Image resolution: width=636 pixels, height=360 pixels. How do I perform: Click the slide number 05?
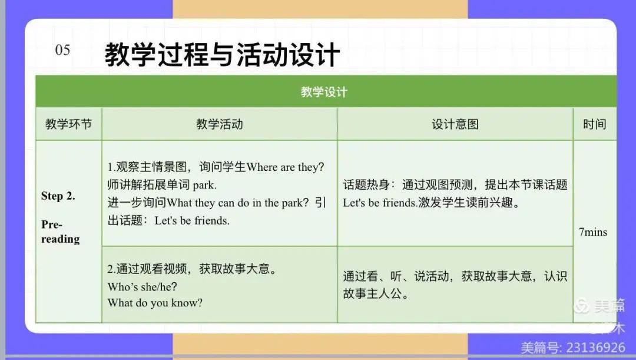tap(62, 50)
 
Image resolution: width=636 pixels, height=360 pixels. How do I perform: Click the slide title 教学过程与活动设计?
tap(222, 54)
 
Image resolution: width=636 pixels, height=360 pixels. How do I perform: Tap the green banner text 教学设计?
tap(324, 92)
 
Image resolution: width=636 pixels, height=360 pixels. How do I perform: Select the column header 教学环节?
tap(68, 124)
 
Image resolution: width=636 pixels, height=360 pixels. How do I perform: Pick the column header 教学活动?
tap(220, 124)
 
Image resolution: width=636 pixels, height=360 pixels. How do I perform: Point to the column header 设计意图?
tap(455, 124)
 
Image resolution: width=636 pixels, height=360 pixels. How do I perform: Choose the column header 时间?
tap(595, 124)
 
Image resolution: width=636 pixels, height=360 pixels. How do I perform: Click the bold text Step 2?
tap(58, 196)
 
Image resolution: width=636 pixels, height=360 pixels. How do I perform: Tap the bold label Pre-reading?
tap(61, 232)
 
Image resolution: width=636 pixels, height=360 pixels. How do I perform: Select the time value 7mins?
tap(593, 232)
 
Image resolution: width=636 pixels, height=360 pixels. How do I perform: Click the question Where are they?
tap(286, 167)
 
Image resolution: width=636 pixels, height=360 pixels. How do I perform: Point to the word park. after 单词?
tap(205, 185)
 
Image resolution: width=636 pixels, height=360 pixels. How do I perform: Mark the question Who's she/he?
tap(143, 286)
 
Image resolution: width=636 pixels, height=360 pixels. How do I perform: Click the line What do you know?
tap(155, 303)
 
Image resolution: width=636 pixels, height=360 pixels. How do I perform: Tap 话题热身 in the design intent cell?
tap(366, 184)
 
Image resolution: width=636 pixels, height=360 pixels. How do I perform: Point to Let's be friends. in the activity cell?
tap(192, 221)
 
